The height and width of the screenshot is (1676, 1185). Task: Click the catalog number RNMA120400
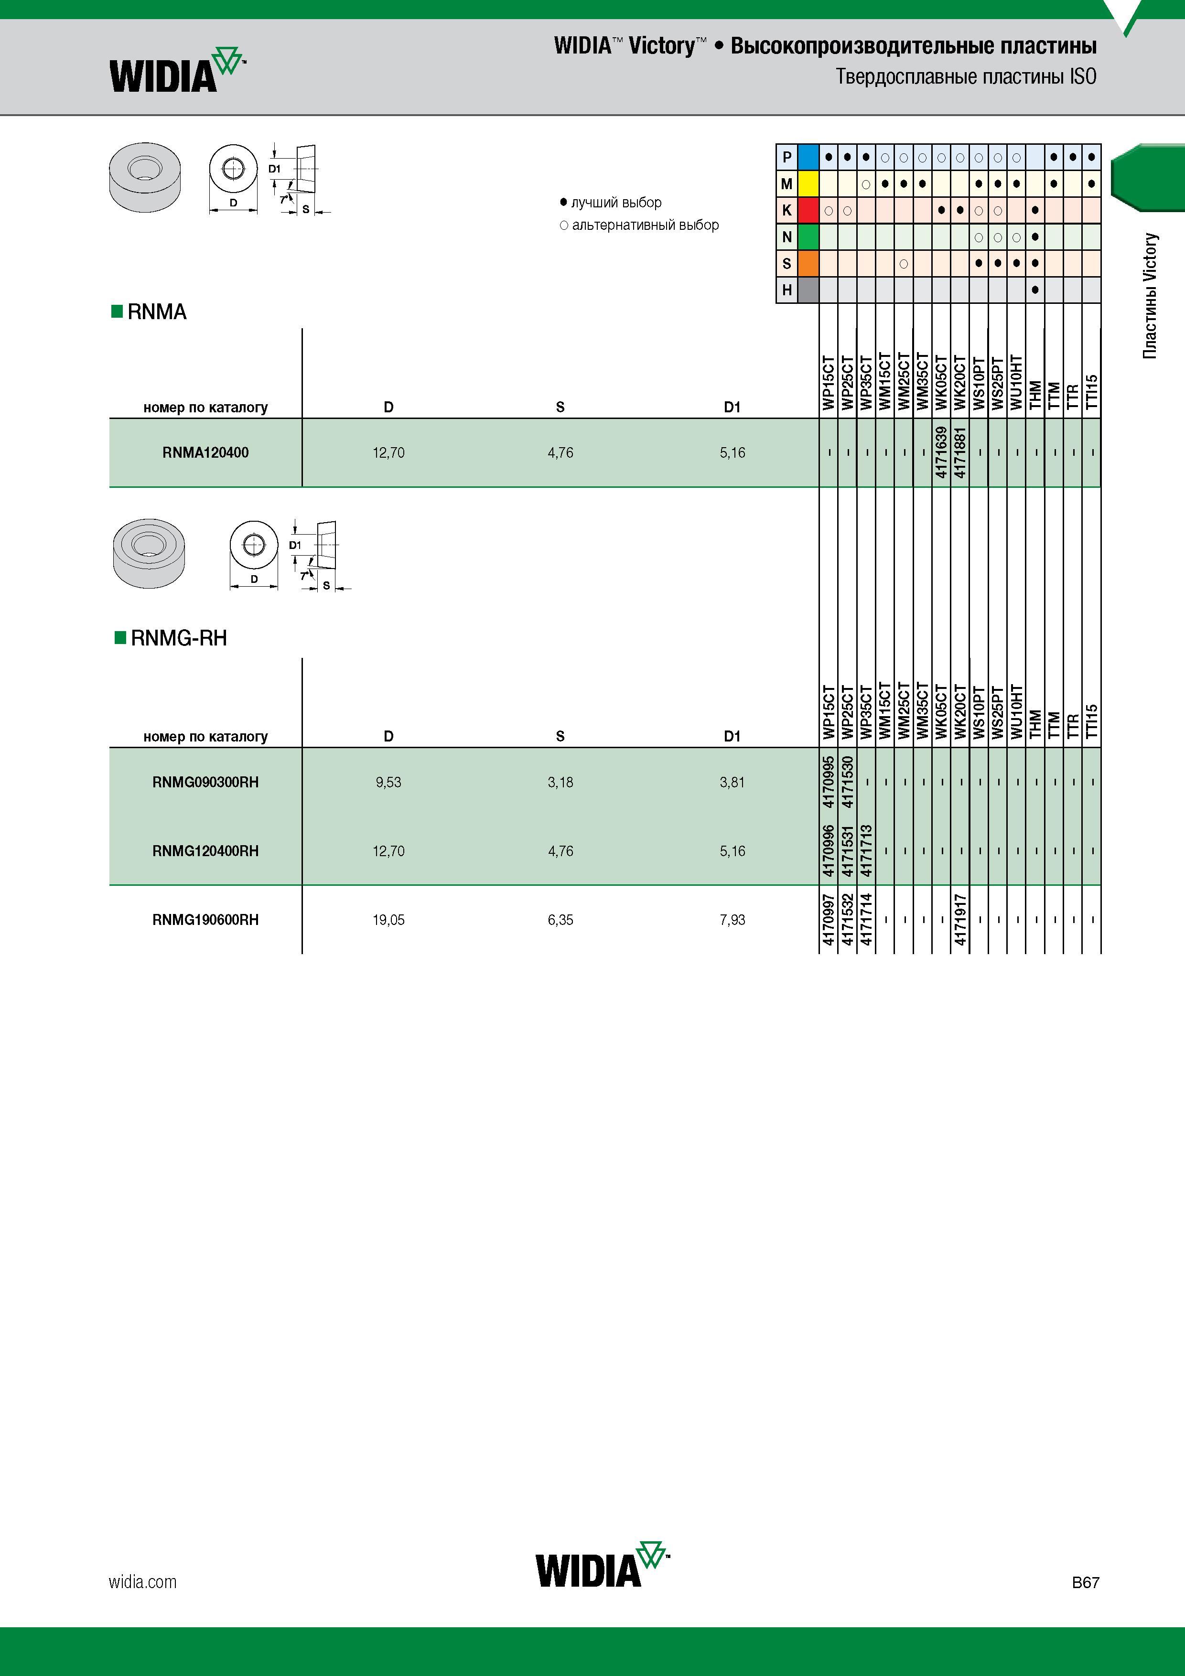coord(205,452)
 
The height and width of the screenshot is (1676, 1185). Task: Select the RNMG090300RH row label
coord(205,782)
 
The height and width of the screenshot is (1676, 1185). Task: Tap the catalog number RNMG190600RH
coord(205,920)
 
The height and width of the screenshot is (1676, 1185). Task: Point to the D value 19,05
coord(388,920)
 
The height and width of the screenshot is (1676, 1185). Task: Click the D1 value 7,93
coord(733,920)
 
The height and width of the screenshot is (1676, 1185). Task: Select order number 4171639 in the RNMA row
coord(941,452)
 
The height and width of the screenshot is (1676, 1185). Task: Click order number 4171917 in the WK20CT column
coord(960,920)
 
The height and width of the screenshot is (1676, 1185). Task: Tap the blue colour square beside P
coord(808,157)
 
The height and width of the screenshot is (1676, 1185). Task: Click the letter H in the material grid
coord(786,290)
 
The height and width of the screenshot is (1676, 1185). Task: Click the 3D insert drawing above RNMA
coord(145,177)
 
